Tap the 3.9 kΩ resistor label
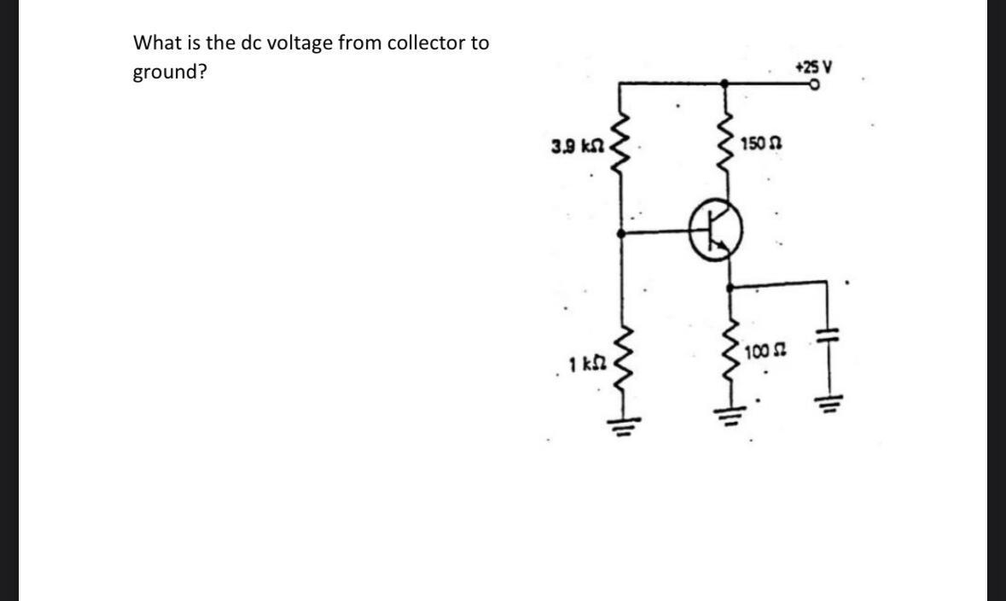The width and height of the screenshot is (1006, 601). point(578,146)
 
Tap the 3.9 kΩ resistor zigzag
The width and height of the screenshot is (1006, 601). point(621,145)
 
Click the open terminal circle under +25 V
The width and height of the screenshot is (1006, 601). point(816,85)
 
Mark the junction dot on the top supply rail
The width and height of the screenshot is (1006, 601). point(726,83)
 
